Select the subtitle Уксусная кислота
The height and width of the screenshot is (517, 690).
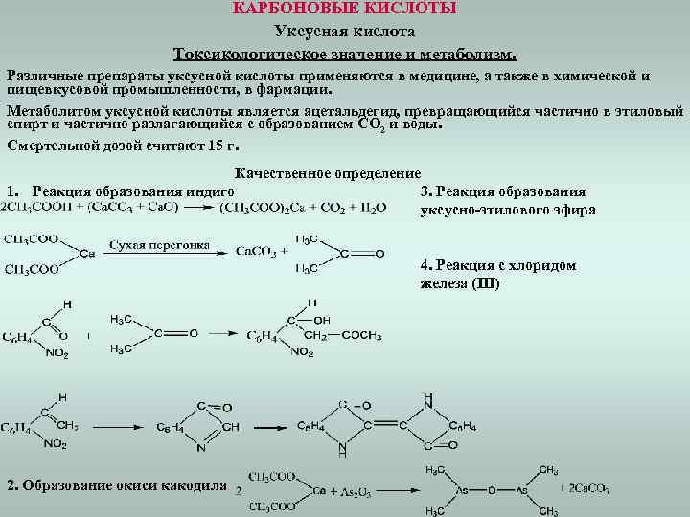pyautogui.click(x=345, y=32)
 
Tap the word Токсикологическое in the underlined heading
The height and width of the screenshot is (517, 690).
pyautogui.click(x=246, y=53)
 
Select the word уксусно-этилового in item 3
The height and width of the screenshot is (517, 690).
pyautogui.click(x=477, y=210)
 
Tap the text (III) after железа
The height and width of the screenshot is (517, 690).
pyautogui.click(x=479, y=283)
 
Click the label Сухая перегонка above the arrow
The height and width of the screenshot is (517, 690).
pyautogui.click(x=159, y=245)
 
